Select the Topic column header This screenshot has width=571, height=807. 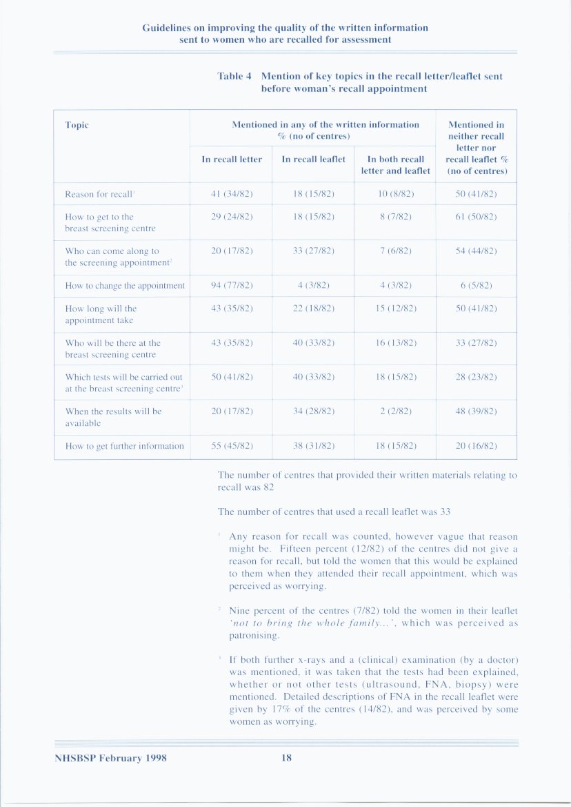[77, 125]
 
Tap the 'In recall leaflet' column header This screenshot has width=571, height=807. [314, 159]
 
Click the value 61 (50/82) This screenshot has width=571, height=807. [476, 217]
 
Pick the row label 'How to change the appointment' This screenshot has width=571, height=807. [125, 286]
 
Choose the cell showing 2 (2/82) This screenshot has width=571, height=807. [395, 411]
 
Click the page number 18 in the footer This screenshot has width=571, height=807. [286, 758]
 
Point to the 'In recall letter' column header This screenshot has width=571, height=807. [232, 159]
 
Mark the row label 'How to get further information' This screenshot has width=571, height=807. [124, 446]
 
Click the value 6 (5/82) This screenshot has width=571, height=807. [476, 286]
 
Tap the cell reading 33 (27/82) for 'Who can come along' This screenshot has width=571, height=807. [314, 251]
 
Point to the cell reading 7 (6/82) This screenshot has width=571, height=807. [395, 251]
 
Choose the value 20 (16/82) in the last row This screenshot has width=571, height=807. [476, 446]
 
